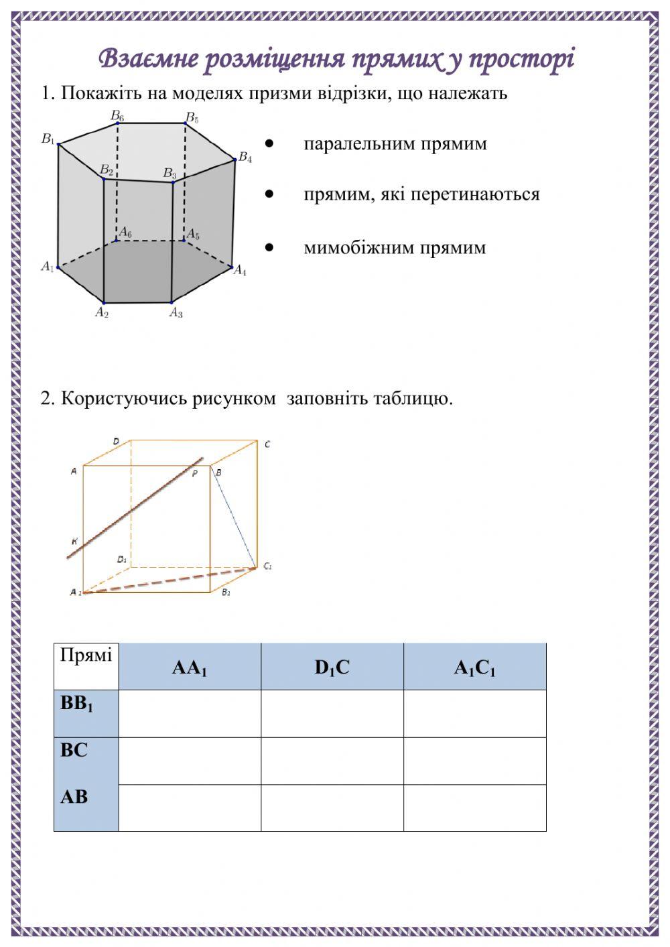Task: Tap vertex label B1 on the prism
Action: (48, 139)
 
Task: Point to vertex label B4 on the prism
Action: (245, 158)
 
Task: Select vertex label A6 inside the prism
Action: (125, 233)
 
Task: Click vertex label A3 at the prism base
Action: (176, 312)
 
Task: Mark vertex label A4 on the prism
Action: (240, 271)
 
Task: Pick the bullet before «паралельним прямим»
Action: (269, 143)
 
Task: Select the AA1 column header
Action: (190, 668)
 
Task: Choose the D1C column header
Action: (332, 668)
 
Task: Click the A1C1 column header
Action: (474, 668)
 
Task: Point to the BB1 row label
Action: (77, 704)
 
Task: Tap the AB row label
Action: (74, 797)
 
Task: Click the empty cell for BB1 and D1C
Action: (332, 714)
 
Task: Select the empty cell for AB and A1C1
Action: (474, 808)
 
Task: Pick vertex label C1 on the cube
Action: (267, 566)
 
